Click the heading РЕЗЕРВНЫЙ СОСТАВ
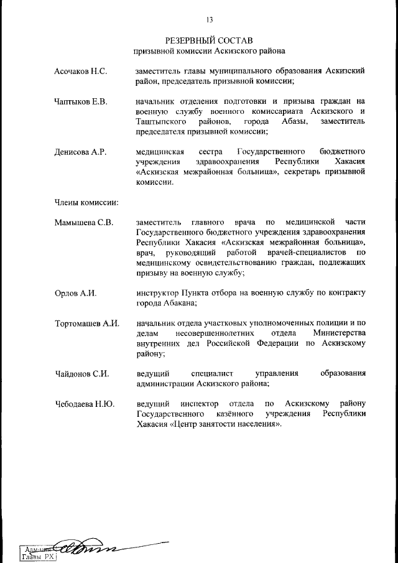point(209,40)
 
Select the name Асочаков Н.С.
point(81,71)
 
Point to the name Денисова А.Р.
point(81,152)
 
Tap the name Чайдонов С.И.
point(81,374)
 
